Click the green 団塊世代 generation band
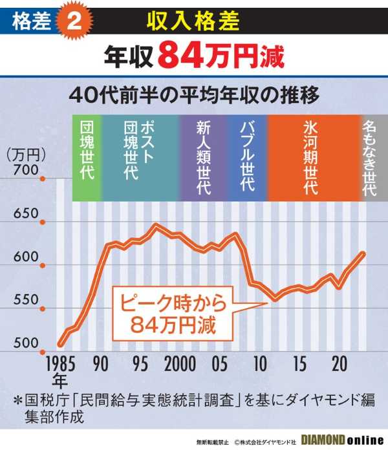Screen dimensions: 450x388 pyautogui.click(x=86, y=156)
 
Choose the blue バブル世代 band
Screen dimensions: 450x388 pyautogui.click(x=246, y=156)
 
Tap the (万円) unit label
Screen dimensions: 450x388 pyautogui.click(x=24, y=154)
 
